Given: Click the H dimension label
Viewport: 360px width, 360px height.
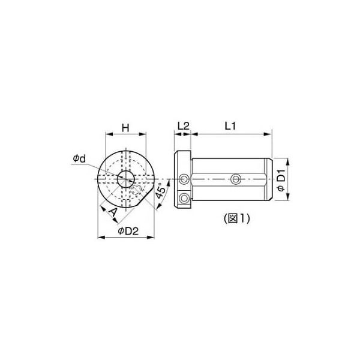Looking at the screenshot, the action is coord(125,128).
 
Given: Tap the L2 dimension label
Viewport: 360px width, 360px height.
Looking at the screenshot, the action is coord(183,126).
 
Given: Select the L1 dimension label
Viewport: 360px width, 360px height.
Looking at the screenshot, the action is coord(230,126).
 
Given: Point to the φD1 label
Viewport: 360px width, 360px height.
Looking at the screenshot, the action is coord(281,180).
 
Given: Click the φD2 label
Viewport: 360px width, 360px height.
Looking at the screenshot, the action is coord(128,231).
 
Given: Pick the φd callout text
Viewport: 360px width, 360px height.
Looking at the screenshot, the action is coord(79,158).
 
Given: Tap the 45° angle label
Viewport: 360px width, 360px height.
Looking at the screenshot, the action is coord(160,191).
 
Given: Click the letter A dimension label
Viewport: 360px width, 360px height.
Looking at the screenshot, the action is coord(113,212).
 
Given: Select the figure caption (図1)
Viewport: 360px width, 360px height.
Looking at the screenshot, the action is coord(237,218).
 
